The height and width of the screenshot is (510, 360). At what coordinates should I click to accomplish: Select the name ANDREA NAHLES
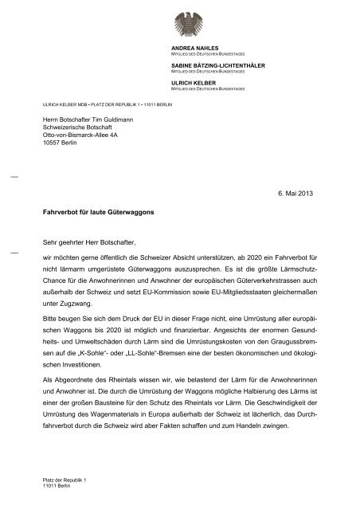[185, 49]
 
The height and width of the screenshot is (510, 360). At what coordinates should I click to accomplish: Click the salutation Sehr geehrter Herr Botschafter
[89, 241]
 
